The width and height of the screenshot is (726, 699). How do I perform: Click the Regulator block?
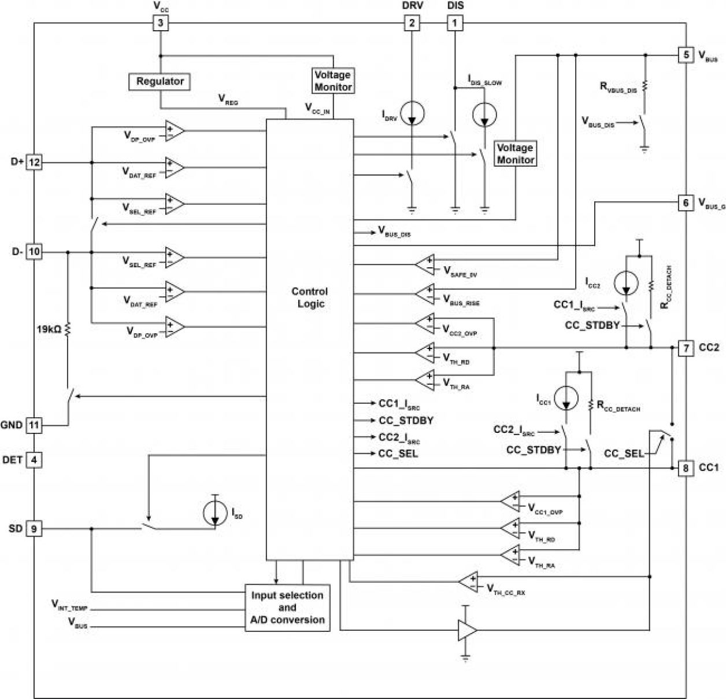160,82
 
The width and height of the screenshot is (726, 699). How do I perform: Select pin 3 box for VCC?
160,23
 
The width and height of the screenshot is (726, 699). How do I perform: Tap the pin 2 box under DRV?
412,23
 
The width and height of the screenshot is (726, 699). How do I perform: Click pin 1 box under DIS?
455,23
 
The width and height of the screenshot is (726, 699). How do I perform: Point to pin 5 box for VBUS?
686,55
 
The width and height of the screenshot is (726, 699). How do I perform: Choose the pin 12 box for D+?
34,162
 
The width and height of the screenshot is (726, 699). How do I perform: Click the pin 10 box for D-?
34,252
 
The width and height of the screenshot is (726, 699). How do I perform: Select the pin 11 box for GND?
34,425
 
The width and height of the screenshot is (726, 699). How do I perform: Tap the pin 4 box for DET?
34,460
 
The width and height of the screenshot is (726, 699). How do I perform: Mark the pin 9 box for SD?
34,528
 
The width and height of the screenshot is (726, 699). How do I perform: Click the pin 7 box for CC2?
686,348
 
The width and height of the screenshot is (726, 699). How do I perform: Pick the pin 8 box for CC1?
686,468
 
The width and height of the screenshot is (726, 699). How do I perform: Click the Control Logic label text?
309,297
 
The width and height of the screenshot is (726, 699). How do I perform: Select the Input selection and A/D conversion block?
287,608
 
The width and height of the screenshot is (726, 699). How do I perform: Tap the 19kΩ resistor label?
49,329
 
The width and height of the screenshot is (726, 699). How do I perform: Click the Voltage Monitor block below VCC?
333,81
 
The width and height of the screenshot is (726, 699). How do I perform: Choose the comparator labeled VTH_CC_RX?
468,582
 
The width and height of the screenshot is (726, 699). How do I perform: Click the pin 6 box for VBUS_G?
686,203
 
